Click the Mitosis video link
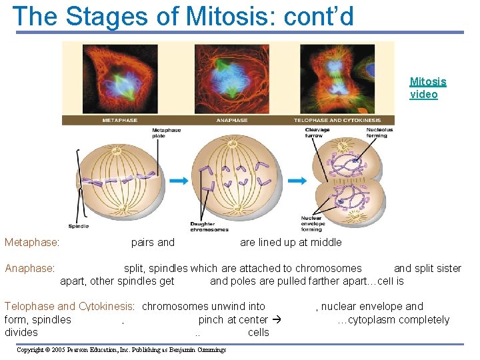427,88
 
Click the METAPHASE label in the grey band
120,120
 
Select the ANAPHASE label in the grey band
232,120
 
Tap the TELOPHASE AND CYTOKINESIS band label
337,120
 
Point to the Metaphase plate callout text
167,133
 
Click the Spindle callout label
78,227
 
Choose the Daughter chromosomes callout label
209,227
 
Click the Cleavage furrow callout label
317,132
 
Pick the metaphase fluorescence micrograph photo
120,79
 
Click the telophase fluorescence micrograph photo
337,79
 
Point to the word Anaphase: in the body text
30,269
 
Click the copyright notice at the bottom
121,349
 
